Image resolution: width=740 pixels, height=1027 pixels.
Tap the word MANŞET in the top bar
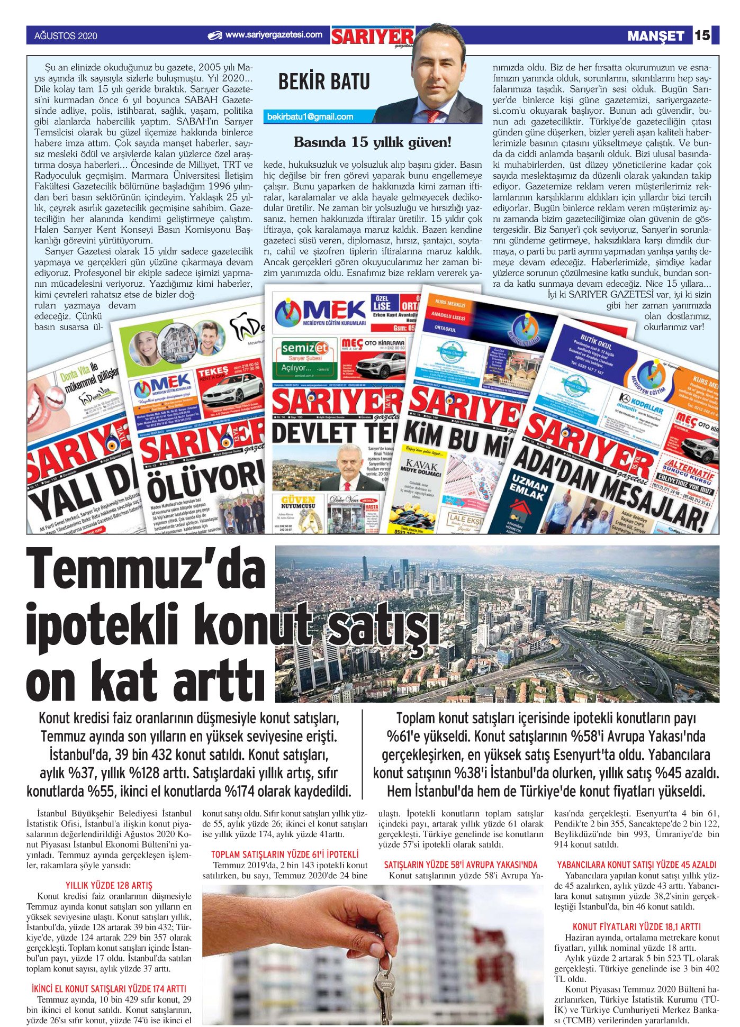tap(655, 36)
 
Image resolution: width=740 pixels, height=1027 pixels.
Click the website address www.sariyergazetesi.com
tap(273, 35)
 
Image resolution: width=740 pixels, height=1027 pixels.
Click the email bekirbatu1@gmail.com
tap(310, 117)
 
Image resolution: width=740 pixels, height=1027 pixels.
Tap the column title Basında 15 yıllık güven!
tap(373, 142)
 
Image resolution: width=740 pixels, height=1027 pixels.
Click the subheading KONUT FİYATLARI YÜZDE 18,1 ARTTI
tap(636, 927)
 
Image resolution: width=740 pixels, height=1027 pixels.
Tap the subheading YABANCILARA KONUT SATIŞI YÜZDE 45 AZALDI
tap(636, 865)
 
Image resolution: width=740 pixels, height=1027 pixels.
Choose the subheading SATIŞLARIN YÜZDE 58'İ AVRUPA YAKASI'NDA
tap(460, 865)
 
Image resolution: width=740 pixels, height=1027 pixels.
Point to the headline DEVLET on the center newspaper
tap(312, 432)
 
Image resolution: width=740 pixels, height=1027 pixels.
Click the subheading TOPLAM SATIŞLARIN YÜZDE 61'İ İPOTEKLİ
tap(285, 855)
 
